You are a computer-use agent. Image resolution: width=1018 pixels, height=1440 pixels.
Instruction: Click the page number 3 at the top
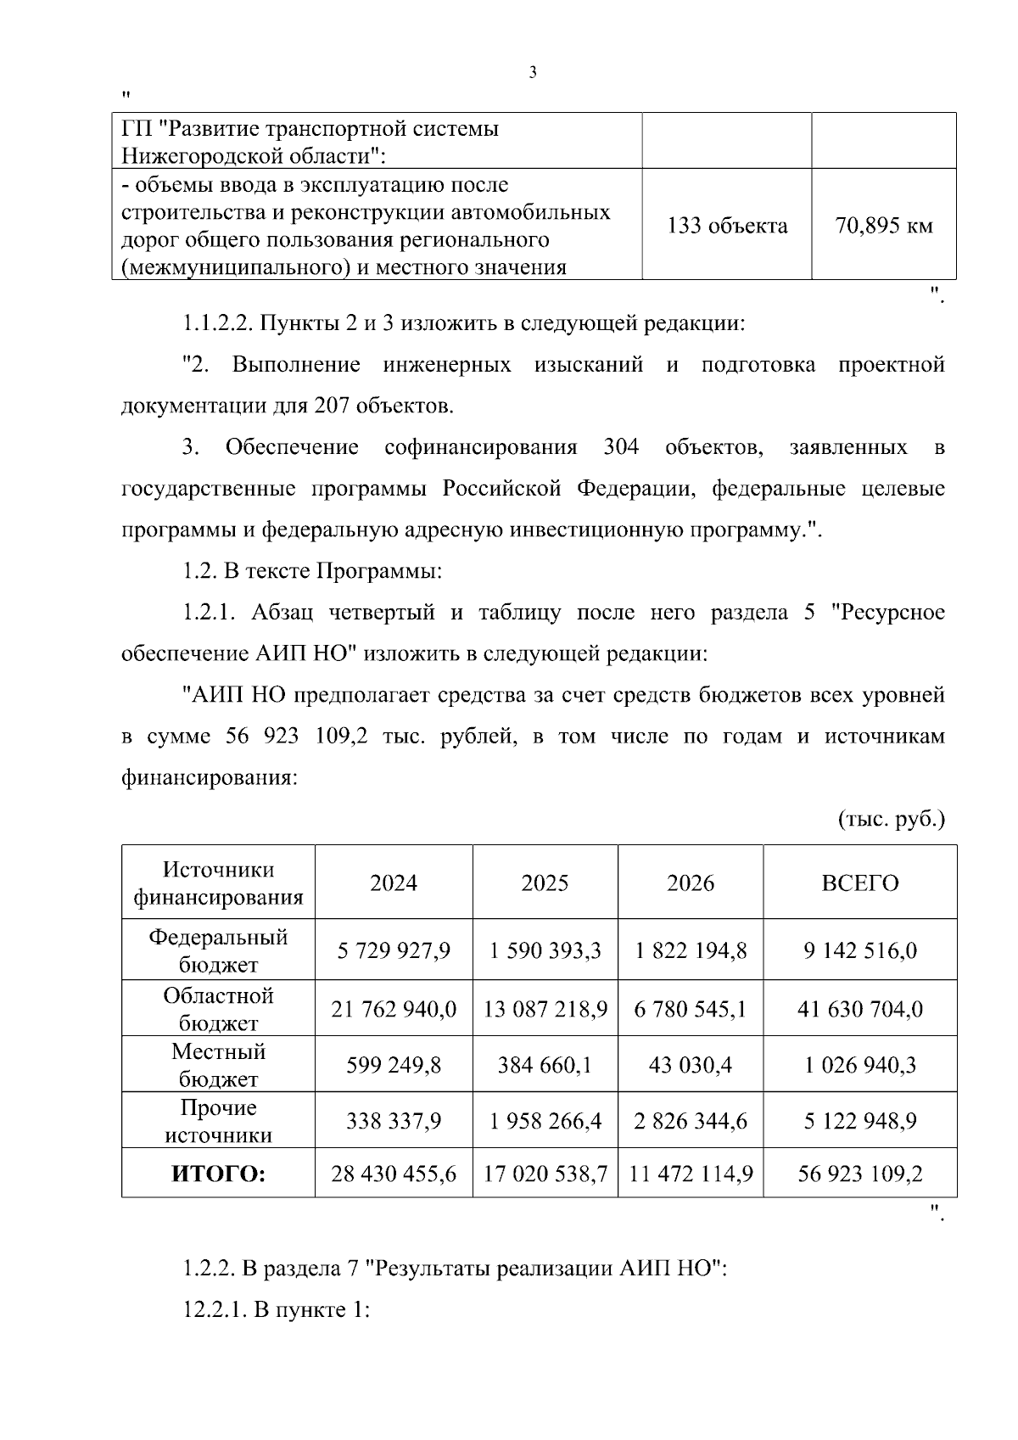(x=533, y=73)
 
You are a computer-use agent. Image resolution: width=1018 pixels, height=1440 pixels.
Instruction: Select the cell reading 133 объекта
(x=727, y=226)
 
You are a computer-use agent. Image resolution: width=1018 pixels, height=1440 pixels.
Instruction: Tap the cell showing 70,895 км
(x=884, y=226)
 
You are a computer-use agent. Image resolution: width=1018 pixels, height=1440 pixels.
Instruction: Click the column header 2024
(x=394, y=883)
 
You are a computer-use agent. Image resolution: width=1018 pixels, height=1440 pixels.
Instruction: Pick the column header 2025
(x=545, y=883)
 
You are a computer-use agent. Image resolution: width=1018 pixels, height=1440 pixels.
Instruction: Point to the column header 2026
(x=691, y=883)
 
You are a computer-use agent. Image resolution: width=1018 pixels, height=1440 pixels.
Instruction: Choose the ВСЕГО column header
(x=860, y=883)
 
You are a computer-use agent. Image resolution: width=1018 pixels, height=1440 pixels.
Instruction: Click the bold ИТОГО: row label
(x=219, y=1174)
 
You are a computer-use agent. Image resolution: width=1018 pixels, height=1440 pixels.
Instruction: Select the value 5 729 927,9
(x=394, y=950)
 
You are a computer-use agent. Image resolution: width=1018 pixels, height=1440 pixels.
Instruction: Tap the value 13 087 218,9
(x=545, y=1009)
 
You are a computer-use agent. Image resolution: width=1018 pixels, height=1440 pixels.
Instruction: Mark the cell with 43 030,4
(x=691, y=1065)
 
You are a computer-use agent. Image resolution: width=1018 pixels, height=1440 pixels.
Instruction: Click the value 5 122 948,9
(x=860, y=1121)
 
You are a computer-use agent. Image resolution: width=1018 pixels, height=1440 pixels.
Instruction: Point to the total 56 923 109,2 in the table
(x=860, y=1174)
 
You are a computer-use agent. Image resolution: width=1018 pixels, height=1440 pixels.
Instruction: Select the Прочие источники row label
(x=219, y=1121)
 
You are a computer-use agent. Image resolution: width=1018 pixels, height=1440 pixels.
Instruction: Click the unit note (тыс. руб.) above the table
(x=892, y=820)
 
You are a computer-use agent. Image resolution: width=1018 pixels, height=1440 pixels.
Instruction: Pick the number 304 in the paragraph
(x=621, y=447)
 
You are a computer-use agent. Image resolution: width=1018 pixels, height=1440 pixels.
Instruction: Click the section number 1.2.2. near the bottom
(x=209, y=1269)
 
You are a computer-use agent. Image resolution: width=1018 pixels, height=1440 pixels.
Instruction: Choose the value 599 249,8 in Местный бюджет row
(x=394, y=1065)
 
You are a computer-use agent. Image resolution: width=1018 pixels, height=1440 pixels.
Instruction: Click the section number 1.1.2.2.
(x=216, y=323)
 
